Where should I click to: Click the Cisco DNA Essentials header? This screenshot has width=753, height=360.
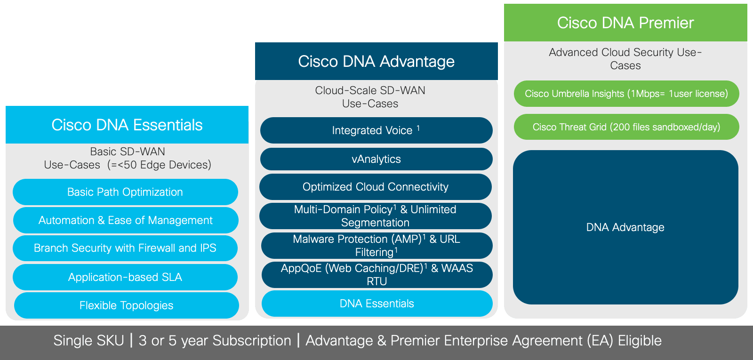click(127, 125)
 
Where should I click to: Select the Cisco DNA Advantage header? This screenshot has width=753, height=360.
click(376, 61)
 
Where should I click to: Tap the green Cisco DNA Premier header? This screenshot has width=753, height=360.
click(625, 23)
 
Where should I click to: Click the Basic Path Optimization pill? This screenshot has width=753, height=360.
click(125, 192)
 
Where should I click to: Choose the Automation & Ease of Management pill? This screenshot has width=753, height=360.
click(126, 220)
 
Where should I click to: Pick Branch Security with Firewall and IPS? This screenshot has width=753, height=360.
click(125, 248)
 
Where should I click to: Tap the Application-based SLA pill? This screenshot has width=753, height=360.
click(125, 277)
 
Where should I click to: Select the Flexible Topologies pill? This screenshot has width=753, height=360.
click(127, 305)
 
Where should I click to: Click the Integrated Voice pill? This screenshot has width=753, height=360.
click(376, 130)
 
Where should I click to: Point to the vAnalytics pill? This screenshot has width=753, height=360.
click(376, 159)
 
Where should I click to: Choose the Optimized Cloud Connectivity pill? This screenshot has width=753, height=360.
click(376, 187)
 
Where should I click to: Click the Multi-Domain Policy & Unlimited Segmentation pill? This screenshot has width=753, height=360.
click(376, 216)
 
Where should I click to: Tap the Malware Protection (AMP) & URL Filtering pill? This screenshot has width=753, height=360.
click(377, 245)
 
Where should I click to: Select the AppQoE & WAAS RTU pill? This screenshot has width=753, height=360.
click(377, 275)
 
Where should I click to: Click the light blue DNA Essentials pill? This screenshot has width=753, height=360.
click(377, 304)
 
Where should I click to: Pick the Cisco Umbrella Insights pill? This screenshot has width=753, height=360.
click(626, 94)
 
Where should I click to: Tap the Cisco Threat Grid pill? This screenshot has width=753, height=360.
click(626, 127)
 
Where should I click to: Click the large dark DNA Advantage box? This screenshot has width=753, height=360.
click(625, 227)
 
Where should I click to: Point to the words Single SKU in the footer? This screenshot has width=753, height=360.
click(89, 341)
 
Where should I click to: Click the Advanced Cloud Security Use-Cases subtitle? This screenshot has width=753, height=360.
click(625, 59)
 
